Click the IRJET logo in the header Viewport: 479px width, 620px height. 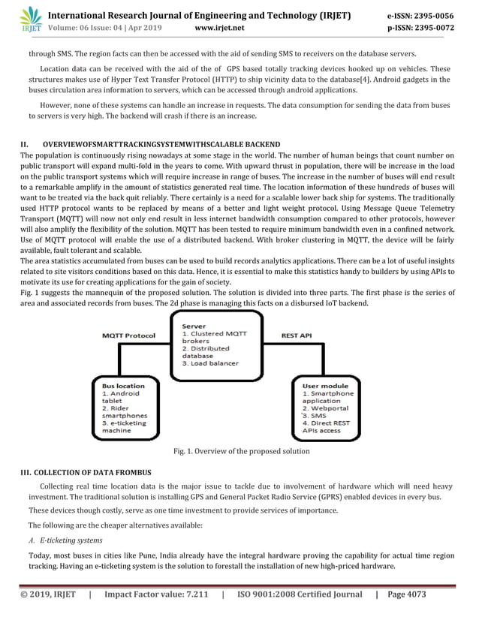click(x=31, y=20)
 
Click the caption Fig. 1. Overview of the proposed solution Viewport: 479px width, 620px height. click(x=241, y=451)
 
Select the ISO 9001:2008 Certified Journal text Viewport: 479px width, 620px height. click(x=298, y=594)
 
